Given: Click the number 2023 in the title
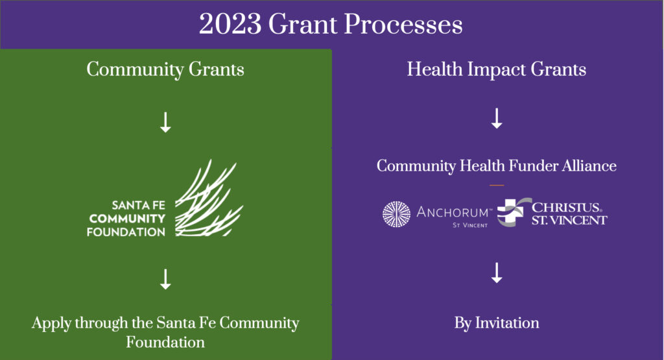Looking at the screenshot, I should tap(231, 25).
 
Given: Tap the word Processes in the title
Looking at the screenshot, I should tap(403, 25).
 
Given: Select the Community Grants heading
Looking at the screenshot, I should tap(165, 69).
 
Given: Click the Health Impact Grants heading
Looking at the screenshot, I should tap(497, 69).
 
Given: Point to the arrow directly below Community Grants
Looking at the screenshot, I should tap(165, 121).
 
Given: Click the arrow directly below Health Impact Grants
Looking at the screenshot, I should tap(497, 118).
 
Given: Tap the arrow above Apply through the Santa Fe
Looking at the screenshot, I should tap(165, 278).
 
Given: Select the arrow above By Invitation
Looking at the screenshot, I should tap(497, 272).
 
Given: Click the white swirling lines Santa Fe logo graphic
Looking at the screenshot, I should tap(207, 198).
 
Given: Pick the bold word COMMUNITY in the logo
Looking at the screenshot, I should tap(127, 219).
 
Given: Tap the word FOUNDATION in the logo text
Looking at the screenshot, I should tap(126, 232).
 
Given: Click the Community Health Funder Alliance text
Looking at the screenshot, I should tap(497, 166).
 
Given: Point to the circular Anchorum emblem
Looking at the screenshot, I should tap(396, 215).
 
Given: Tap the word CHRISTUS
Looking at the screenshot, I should tap(566, 208).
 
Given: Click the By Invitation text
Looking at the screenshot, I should tap(497, 322).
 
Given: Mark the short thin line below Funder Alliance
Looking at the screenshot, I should tap(497, 185).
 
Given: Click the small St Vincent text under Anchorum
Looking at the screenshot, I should tap(470, 225).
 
